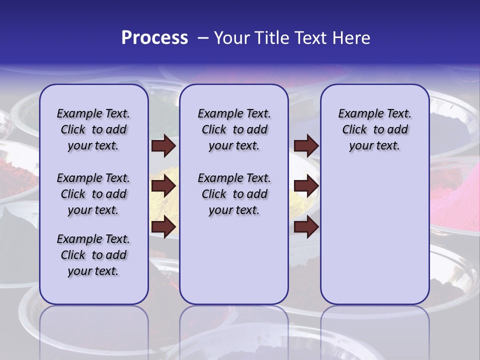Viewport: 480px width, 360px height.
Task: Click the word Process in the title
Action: click(154, 38)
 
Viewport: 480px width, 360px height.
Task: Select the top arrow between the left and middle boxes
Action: click(163, 146)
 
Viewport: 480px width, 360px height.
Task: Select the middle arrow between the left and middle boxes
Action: click(163, 186)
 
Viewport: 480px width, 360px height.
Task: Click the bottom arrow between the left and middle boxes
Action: click(163, 226)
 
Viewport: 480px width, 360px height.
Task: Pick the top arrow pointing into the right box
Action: click(306, 146)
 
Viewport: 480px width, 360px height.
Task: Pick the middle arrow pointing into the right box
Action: click(306, 186)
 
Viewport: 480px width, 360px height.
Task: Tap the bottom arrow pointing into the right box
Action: click(306, 226)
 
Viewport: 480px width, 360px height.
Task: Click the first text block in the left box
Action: click(93, 129)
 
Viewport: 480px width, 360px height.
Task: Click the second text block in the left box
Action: click(93, 194)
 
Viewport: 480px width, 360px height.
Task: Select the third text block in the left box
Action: click(93, 255)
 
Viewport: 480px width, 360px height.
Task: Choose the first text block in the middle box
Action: click(234, 129)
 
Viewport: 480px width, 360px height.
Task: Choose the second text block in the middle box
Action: click(234, 194)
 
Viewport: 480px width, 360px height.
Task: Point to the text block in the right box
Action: click(374, 129)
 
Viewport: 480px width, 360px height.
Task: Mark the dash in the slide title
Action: click(203, 38)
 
